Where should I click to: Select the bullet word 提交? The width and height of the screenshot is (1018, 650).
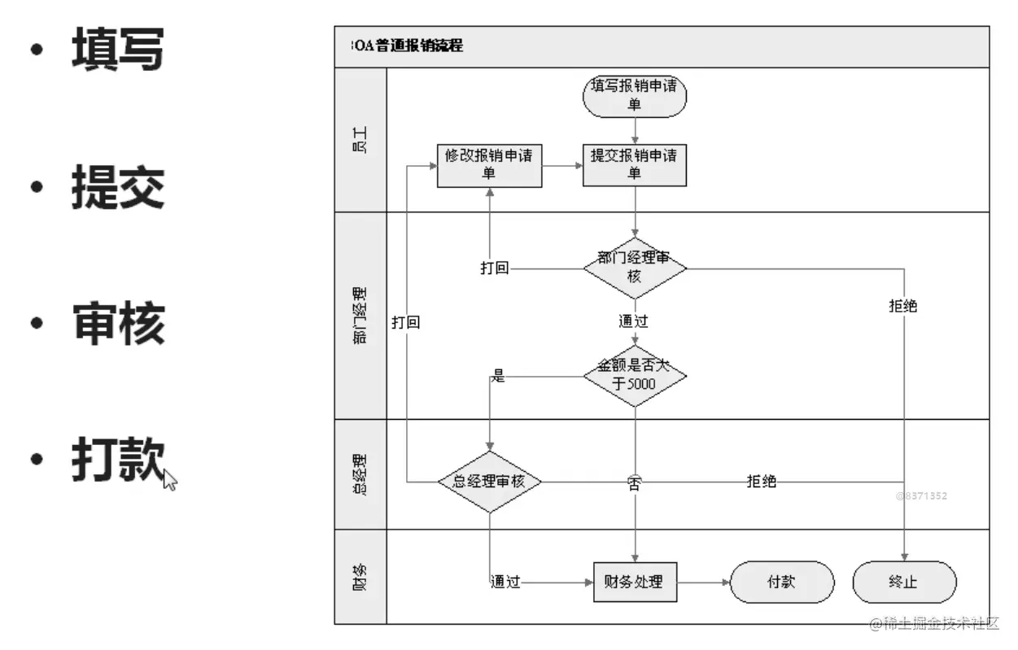[x=118, y=187]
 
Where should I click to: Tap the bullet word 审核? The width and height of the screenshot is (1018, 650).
[x=118, y=323]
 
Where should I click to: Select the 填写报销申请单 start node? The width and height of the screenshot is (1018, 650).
[x=635, y=96]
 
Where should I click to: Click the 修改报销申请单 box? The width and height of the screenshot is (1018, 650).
[x=489, y=165]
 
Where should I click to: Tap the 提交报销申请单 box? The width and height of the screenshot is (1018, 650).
[x=635, y=165]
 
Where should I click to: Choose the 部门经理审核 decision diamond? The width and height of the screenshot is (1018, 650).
[x=635, y=268]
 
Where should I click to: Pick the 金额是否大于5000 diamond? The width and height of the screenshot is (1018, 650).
[x=635, y=375]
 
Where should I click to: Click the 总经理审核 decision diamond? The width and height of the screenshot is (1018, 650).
[x=489, y=482]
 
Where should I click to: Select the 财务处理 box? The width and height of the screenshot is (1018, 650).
[x=635, y=582]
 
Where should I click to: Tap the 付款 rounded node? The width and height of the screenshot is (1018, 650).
[x=782, y=582]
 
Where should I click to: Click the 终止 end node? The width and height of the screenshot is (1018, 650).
[x=904, y=582]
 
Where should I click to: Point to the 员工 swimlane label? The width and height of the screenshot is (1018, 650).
[x=360, y=140]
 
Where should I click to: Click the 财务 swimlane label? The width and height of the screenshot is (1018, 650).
[x=360, y=577]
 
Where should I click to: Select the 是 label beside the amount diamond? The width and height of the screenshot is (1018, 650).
[x=499, y=377]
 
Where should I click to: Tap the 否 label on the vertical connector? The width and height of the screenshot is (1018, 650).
[x=634, y=484]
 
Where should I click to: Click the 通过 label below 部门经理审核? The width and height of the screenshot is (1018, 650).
[x=633, y=321]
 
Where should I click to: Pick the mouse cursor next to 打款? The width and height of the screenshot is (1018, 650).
[x=169, y=480]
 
